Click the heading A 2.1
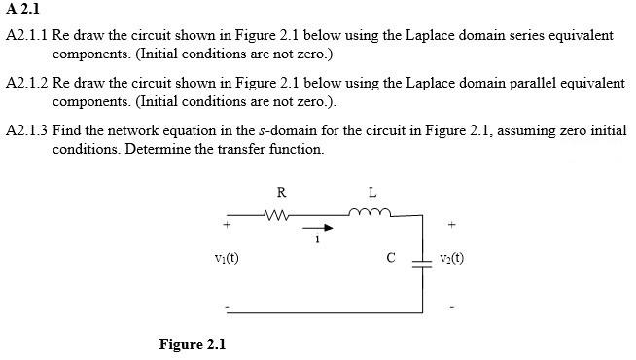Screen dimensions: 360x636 pyautogui.click(x=20, y=12)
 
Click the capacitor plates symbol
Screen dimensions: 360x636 pyautogui.click(x=422, y=260)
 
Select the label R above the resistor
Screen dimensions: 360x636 pyautogui.click(x=281, y=191)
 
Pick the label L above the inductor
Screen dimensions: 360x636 pyautogui.click(x=372, y=191)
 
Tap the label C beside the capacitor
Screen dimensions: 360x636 pyautogui.click(x=390, y=259)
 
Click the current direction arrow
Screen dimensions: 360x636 pyautogui.click(x=322, y=229)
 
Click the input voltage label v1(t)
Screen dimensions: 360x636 pyautogui.click(x=227, y=259)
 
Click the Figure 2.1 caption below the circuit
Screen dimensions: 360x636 pyautogui.click(x=192, y=344)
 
